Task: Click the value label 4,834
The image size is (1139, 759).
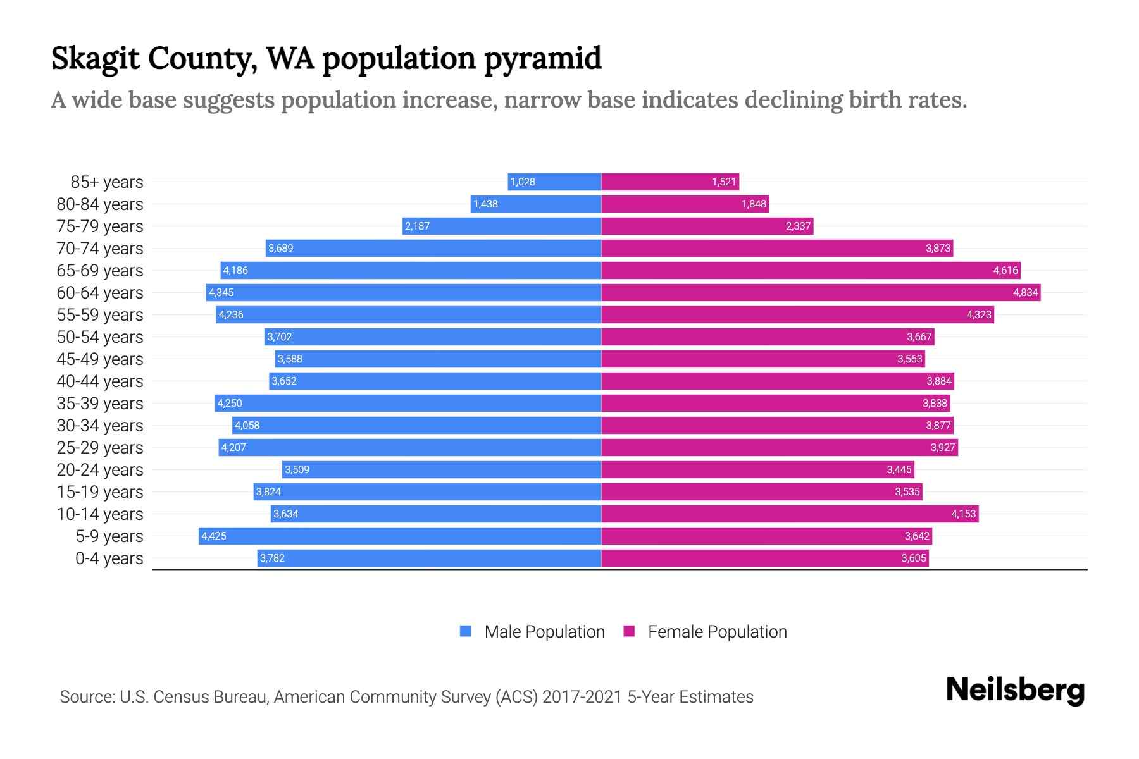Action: pos(1025,293)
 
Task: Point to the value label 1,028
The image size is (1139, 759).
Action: pos(523,182)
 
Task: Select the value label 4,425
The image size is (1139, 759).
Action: pos(214,536)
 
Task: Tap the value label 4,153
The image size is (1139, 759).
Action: pos(964,514)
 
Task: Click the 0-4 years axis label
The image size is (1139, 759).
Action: pos(109,558)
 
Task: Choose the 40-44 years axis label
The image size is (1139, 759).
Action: pos(100,381)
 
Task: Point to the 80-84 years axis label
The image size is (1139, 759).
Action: pos(100,204)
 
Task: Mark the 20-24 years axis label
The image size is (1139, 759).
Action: pos(100,470)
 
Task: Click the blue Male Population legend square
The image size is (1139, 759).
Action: pos(466,631)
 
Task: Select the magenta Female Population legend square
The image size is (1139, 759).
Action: pos(629,631)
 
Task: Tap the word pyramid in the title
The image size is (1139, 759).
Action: pos(542,58)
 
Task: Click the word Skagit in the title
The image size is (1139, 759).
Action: pos(94,58)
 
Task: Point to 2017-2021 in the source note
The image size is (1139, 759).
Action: pos(582,697)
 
